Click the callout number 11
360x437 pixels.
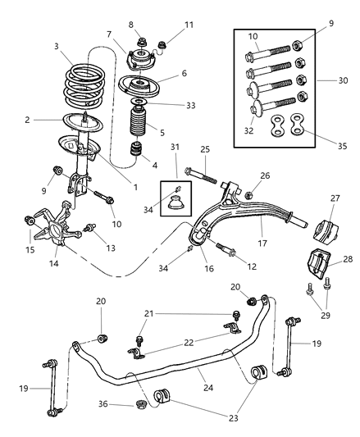click(167, 25)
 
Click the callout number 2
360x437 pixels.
click(27, 121)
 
